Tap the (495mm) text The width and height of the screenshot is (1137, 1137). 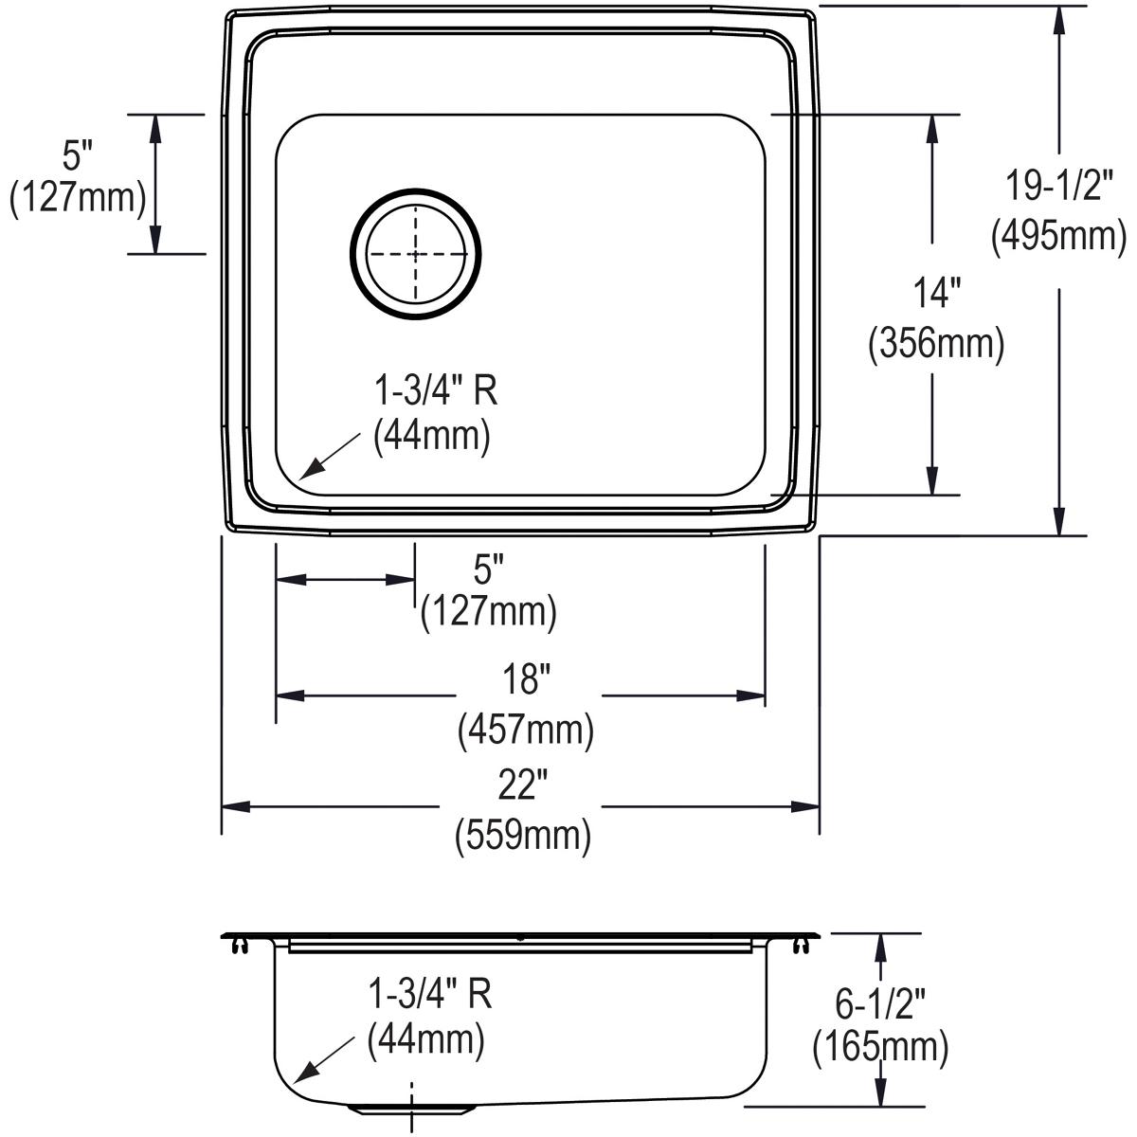point(1058,236)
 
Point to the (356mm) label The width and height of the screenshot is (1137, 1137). point(936,343)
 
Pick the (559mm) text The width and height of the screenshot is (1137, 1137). point(523,836)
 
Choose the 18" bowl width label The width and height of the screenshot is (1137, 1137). point(527,678)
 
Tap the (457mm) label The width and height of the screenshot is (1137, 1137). point(526,730)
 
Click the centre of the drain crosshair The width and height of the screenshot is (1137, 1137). point(415,254)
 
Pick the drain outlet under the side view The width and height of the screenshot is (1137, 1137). point(412,1110)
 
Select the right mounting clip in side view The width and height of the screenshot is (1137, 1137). point(799,947)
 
